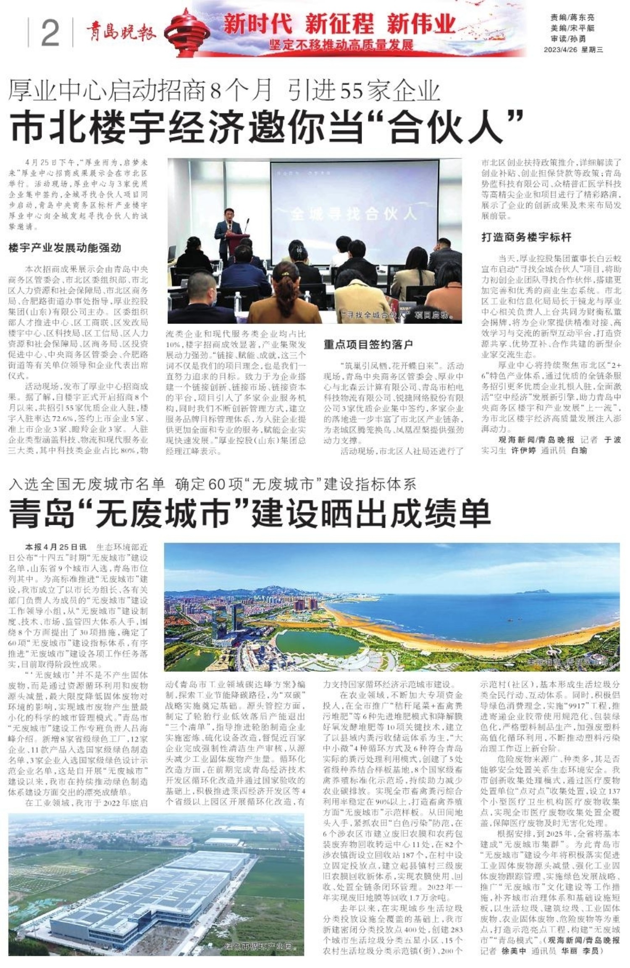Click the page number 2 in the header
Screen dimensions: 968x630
coord(50,33)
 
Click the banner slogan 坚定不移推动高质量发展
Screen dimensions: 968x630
coord(341,45)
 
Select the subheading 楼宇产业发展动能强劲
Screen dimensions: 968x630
coord(65,248)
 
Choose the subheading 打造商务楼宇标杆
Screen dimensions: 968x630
coord(526,237)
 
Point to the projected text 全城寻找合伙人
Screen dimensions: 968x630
coord(353,214)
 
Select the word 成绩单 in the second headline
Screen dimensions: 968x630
coord(437,513)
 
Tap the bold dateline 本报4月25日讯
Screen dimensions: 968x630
coord(55,547)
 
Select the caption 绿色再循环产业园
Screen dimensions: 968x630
coord(257,947)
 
